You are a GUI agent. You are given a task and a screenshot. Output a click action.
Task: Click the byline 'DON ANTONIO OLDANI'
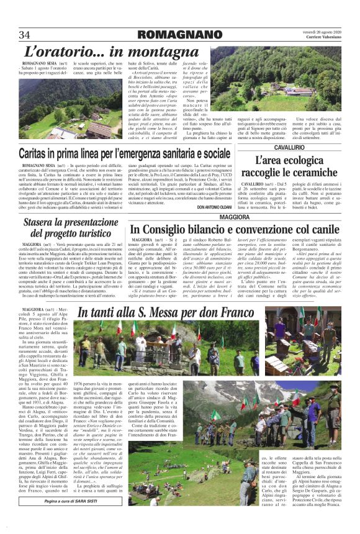coord(218,207)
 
